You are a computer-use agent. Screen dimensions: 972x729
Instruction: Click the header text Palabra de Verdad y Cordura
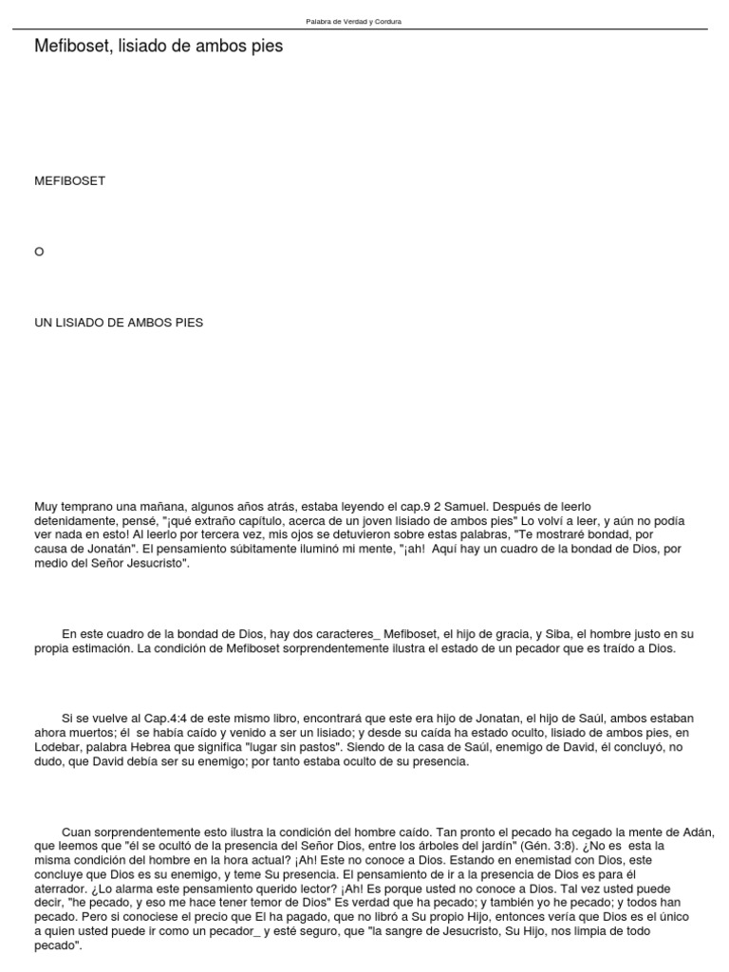click(x=353, y=21)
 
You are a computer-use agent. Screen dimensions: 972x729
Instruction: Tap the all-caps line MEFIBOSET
click(x=69, y=180)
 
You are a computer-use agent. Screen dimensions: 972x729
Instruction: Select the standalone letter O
click(x=40, y=252)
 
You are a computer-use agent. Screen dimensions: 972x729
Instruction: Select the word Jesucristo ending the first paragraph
click(x=156, y=564)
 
